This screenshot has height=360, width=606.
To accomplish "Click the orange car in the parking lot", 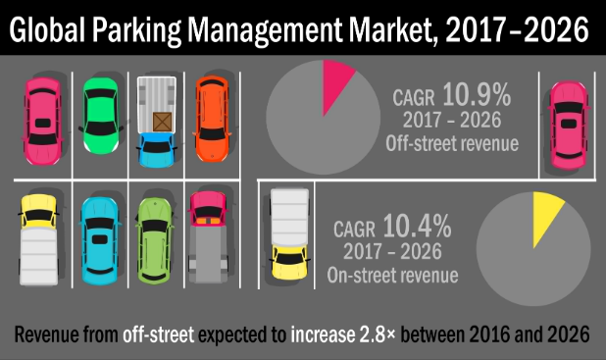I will pyautogui.click(x=211, y=119).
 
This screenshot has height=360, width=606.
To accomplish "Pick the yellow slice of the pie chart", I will pyautogui.click(x=546, y=216).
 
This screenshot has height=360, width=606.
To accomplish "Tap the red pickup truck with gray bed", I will pyautogui.click(x=208, y=235).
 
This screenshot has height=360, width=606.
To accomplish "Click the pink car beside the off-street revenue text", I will pyautogui.click(x=568, y=119).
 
